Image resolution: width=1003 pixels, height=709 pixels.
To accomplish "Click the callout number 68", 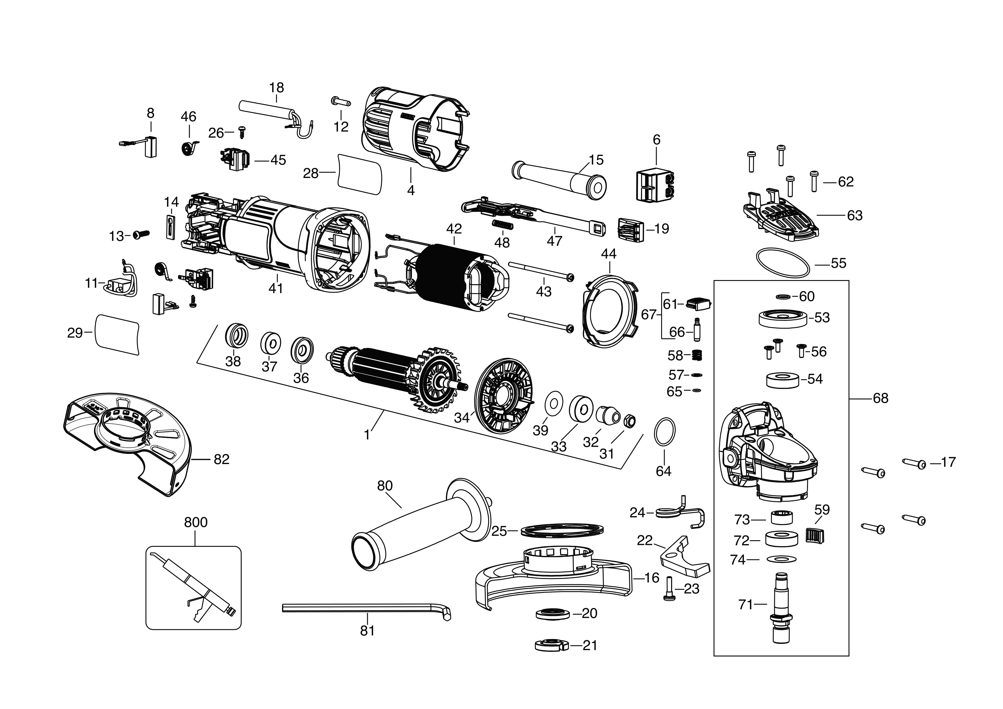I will click(x=880, y=398).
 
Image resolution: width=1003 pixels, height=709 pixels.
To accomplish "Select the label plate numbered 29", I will click(x=117, y=334).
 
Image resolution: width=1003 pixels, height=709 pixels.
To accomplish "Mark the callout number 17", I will click(x=948, y=462).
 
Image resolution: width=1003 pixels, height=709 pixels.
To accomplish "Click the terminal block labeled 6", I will click(x=653, y=185).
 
